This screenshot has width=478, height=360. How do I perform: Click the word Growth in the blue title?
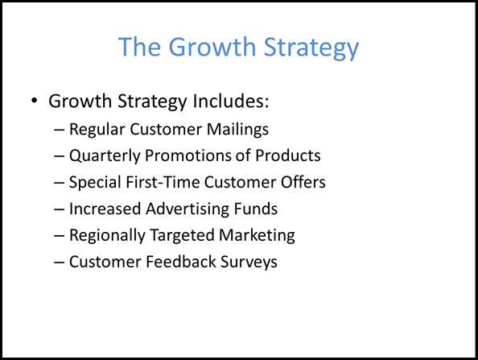point(212,47)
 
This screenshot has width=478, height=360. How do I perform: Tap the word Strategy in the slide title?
point(311,48)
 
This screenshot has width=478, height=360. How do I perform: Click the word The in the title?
point(139,47)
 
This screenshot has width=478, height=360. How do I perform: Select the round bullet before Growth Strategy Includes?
point(34,101)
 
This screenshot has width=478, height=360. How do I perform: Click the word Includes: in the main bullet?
point(231,101)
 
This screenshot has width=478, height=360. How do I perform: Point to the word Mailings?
point(237,130)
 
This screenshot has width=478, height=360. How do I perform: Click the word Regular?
point(97,130)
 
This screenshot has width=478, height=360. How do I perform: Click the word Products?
point(288,155)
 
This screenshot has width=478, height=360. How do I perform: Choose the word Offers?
point(303,182)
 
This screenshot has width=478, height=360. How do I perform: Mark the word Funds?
point(256,209)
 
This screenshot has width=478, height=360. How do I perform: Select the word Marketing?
point(257,236)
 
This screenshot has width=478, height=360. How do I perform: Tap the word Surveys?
point(249,263)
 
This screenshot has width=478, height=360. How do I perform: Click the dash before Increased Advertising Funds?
point(59,209)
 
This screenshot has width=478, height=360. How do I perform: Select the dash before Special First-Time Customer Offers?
point(59,183)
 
